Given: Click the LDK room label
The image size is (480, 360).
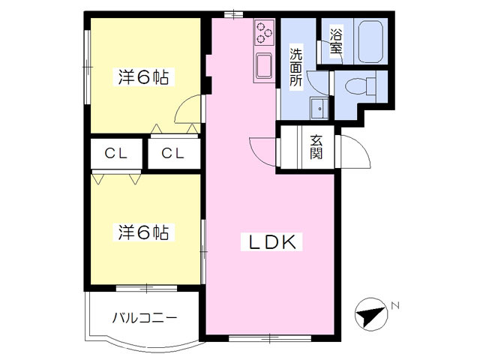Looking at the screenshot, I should [x=271, y=242].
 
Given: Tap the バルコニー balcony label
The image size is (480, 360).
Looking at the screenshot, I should [x=145, y=317].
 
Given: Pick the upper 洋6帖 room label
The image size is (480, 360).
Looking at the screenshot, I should [x=142, y=76].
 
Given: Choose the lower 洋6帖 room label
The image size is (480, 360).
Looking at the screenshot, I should [x=142, y=232].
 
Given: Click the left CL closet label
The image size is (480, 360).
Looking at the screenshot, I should [x=116, y=154].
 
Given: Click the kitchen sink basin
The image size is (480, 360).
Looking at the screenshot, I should [x=264, y=66].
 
